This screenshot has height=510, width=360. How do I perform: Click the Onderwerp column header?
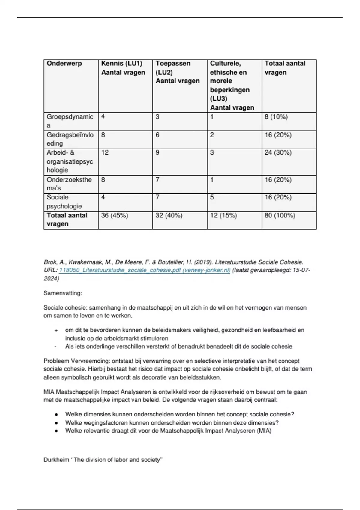point(64,64)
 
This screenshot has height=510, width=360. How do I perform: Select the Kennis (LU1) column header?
point(122,64)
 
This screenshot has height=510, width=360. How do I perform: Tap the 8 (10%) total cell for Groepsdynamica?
point(276,117)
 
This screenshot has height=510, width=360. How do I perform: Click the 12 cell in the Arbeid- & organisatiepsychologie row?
point(105,152)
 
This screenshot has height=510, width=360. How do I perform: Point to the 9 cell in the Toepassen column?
point(157,152)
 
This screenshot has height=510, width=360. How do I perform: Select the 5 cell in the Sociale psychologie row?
point(212,197)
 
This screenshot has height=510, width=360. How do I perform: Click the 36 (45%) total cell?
point(115,215)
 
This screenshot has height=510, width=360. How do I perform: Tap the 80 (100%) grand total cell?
point(280,215)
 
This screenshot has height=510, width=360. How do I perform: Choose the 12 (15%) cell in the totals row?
point(223,215)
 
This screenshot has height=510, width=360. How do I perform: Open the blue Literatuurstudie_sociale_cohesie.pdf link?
point(145,270)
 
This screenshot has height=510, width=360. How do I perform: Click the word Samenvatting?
point(63,293)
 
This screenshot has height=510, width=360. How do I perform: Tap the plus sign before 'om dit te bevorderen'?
point(56,330)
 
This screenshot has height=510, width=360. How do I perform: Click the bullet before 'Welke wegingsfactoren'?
point(56,423)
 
